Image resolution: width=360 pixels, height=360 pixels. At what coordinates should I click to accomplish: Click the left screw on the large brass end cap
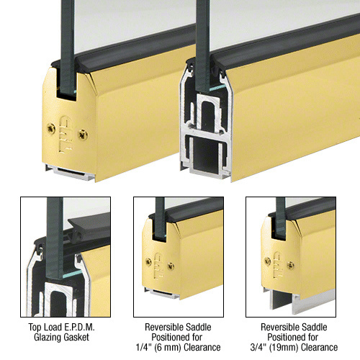point(51,129)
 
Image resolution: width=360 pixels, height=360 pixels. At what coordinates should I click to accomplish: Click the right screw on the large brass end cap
point(83,135)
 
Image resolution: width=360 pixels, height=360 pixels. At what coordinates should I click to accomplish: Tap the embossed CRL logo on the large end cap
point(66,134)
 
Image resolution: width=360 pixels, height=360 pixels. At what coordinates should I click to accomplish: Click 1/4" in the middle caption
point(142,347)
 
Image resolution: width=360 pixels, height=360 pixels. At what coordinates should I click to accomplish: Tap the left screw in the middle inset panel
point(149,262)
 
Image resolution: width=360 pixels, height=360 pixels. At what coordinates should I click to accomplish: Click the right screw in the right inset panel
point(291,265)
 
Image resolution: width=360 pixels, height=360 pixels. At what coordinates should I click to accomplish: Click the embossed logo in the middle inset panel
point(158,266)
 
